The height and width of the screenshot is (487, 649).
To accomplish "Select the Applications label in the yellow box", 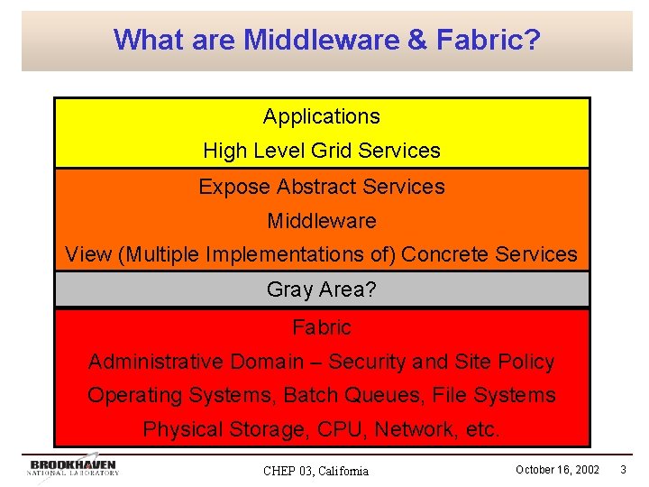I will [x=322, y=116].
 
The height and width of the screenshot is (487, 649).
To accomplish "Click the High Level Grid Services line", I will [x=322, y=151].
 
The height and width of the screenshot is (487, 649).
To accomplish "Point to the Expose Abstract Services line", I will [x=322, y=187].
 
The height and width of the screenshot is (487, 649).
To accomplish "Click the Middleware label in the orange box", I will [x=322, y=221].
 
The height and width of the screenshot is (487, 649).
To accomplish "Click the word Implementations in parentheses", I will [x=284, y=255].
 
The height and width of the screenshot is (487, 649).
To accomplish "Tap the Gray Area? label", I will [x=322, y=289].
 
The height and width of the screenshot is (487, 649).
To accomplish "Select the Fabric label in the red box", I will [x=322, y=327].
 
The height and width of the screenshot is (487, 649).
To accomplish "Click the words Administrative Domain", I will [x=196, y=362].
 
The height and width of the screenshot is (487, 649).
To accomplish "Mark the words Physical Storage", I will [x=224, y=430].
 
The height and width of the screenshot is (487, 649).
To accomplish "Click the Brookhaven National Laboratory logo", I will [x=72, y=466].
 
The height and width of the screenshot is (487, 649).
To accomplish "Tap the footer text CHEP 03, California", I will [x=315, y=471].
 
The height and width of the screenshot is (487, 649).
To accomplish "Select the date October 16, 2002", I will [x=557, y=470].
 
